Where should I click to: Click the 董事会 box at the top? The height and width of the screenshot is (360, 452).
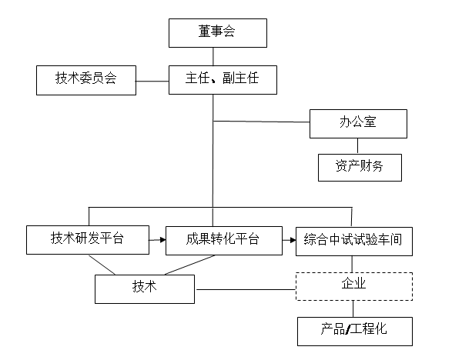coord(218,33)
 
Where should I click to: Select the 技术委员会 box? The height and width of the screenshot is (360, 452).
coord(86,80)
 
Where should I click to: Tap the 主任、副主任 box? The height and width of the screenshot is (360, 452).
coord(223,80)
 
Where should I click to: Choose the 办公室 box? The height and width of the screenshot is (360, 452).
coord(358,124)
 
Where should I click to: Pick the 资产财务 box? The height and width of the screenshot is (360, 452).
coord(360,168)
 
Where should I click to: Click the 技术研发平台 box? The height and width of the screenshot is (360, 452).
coord(88,240)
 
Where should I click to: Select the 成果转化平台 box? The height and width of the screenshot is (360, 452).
coord(224,241)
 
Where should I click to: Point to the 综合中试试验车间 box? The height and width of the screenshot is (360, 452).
coord(354,242)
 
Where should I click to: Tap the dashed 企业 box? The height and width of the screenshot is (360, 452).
coord(354,286)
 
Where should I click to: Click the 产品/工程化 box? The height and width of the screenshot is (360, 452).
coord(355,332)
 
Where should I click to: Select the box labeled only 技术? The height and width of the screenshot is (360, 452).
coord(145,289)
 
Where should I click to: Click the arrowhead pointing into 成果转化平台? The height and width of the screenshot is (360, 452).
coord(163,240)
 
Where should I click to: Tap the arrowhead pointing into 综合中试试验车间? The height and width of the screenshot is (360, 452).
coord(293,240)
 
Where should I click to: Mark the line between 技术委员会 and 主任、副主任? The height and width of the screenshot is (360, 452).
coord(152,82)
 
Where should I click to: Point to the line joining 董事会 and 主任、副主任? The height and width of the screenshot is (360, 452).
coord(213,56)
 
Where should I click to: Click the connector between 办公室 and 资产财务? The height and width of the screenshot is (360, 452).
coord(358,146)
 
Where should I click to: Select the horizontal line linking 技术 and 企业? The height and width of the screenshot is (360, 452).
coord(246,289)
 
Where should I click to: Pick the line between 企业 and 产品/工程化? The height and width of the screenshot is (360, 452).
coord(353,308)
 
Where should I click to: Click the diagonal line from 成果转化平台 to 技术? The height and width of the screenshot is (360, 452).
coord(189,265)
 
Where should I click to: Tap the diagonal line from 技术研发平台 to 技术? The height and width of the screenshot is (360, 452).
coord(102,265)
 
